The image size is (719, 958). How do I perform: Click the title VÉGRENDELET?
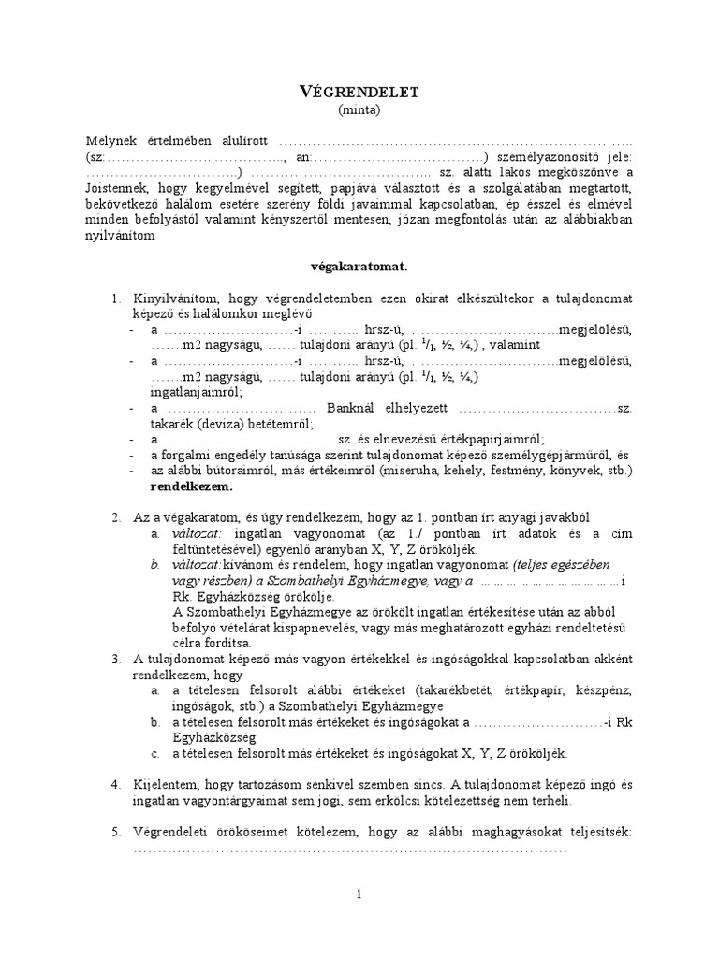pyautogui.click(x=359, y=91)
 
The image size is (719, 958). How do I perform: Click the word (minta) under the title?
pyautogui.click(x=359, y=109)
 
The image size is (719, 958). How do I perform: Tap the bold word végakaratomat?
pyautogui.click(x=359, y=267)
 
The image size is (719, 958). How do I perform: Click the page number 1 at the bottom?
pyautogui.click(x=359, y=895)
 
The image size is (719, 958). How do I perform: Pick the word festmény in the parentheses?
pyautogui.click(x=517, y=472)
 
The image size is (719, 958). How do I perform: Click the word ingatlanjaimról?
pyautogui.click(x=196, y=393)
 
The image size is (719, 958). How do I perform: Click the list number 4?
pyautogui.click(x=115, y=785)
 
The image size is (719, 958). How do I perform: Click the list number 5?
pyautogui.click(x=115, y=832)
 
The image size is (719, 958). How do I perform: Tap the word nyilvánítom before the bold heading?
pyautogui.click(x=118, y=236)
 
